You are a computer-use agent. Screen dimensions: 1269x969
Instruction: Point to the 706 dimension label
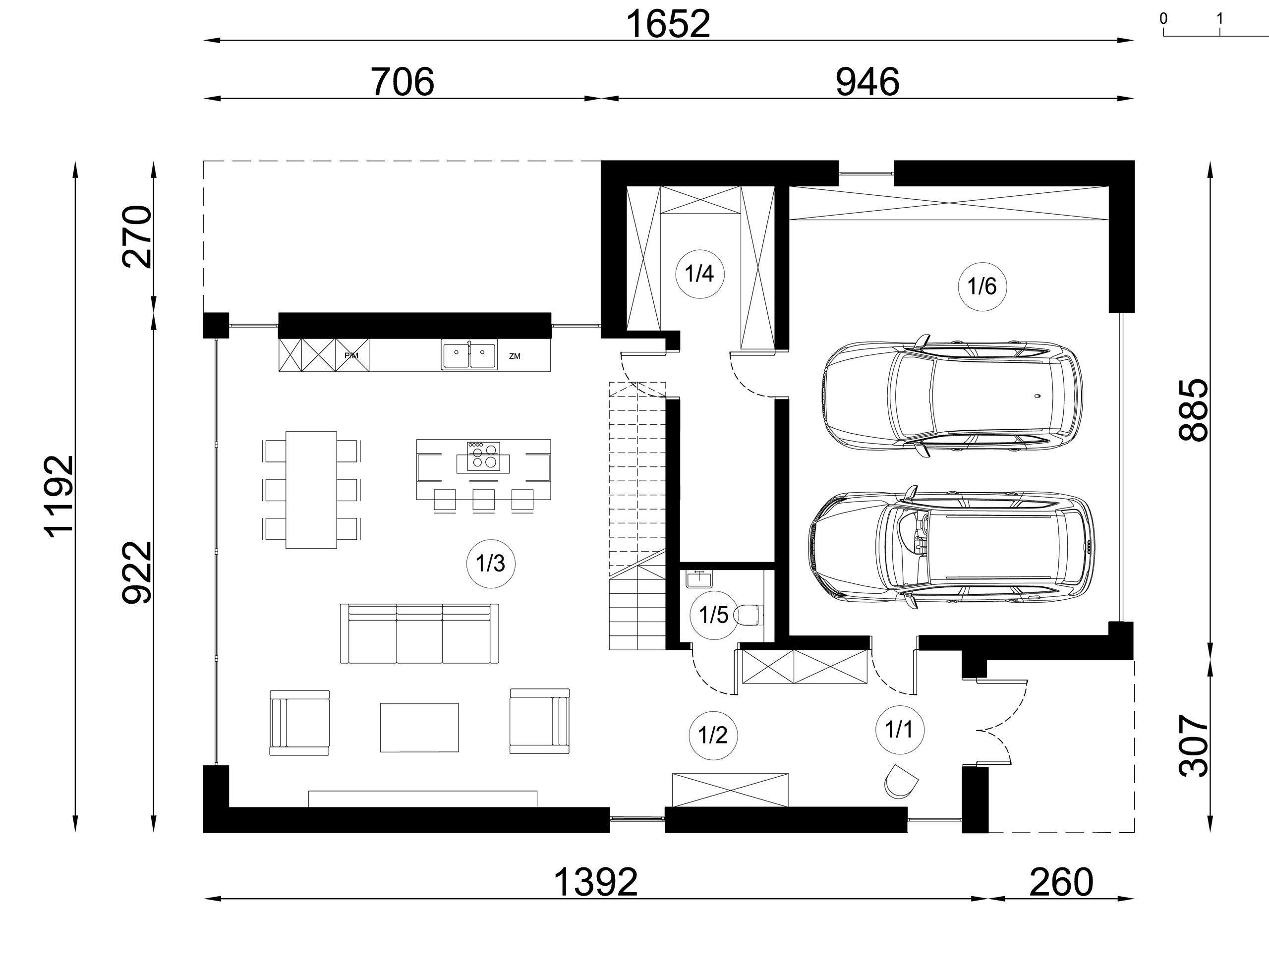(402, 82)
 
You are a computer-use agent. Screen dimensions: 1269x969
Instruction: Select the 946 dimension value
(867, 82)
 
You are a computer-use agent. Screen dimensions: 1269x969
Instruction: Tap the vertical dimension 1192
(60, 497)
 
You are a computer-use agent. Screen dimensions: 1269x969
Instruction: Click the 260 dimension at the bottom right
(1061, 882)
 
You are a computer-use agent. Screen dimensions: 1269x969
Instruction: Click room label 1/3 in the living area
(490, 564)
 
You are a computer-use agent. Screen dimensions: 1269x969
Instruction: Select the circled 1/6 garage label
(982, 286)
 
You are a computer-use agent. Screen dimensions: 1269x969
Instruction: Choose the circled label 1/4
(699, 274)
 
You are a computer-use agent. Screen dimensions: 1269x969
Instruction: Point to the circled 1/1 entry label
(899, 730)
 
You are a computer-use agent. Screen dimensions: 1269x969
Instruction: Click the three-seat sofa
(419, 634)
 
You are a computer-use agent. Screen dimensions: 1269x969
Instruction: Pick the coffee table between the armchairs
(419, 727)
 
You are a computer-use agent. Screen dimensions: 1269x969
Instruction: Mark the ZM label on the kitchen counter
(515, 356)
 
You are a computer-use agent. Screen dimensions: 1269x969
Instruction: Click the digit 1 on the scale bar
(1219, 18)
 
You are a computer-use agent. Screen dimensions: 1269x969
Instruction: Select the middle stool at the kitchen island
(483, 500)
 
